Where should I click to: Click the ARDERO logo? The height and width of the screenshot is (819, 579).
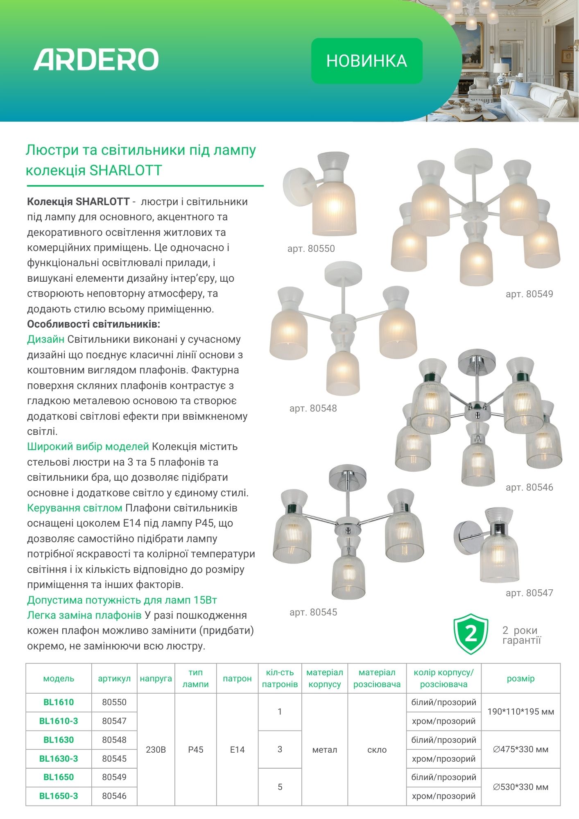point(96,60)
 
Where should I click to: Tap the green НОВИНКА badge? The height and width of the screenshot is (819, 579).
point(367,61)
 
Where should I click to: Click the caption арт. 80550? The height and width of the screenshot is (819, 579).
point(311,249)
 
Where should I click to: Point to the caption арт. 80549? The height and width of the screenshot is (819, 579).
point(529,294)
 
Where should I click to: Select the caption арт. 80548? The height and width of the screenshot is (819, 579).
point(313,408)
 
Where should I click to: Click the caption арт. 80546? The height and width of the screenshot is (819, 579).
point(529,487)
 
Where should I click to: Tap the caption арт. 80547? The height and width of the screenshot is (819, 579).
point(529,593)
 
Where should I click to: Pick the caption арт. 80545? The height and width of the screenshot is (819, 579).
point(313,612)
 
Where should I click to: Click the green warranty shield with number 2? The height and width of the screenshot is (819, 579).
point(471,634)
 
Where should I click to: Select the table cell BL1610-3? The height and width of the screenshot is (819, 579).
point(59,721)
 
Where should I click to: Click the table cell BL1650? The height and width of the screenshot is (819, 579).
point(59,777)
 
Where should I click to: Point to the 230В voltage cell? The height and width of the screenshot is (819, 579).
point(156,750)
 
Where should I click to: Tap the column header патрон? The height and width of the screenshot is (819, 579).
point(237,679)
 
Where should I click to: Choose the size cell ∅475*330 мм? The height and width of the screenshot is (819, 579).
point(520,749)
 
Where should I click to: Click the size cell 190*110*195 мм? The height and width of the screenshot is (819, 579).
point(520,712)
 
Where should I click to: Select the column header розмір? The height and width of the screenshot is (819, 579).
point(520,679)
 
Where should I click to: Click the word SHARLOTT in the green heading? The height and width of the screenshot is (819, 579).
point(126,170)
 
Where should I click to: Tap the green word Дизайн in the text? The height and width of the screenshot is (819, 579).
point(45,339)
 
